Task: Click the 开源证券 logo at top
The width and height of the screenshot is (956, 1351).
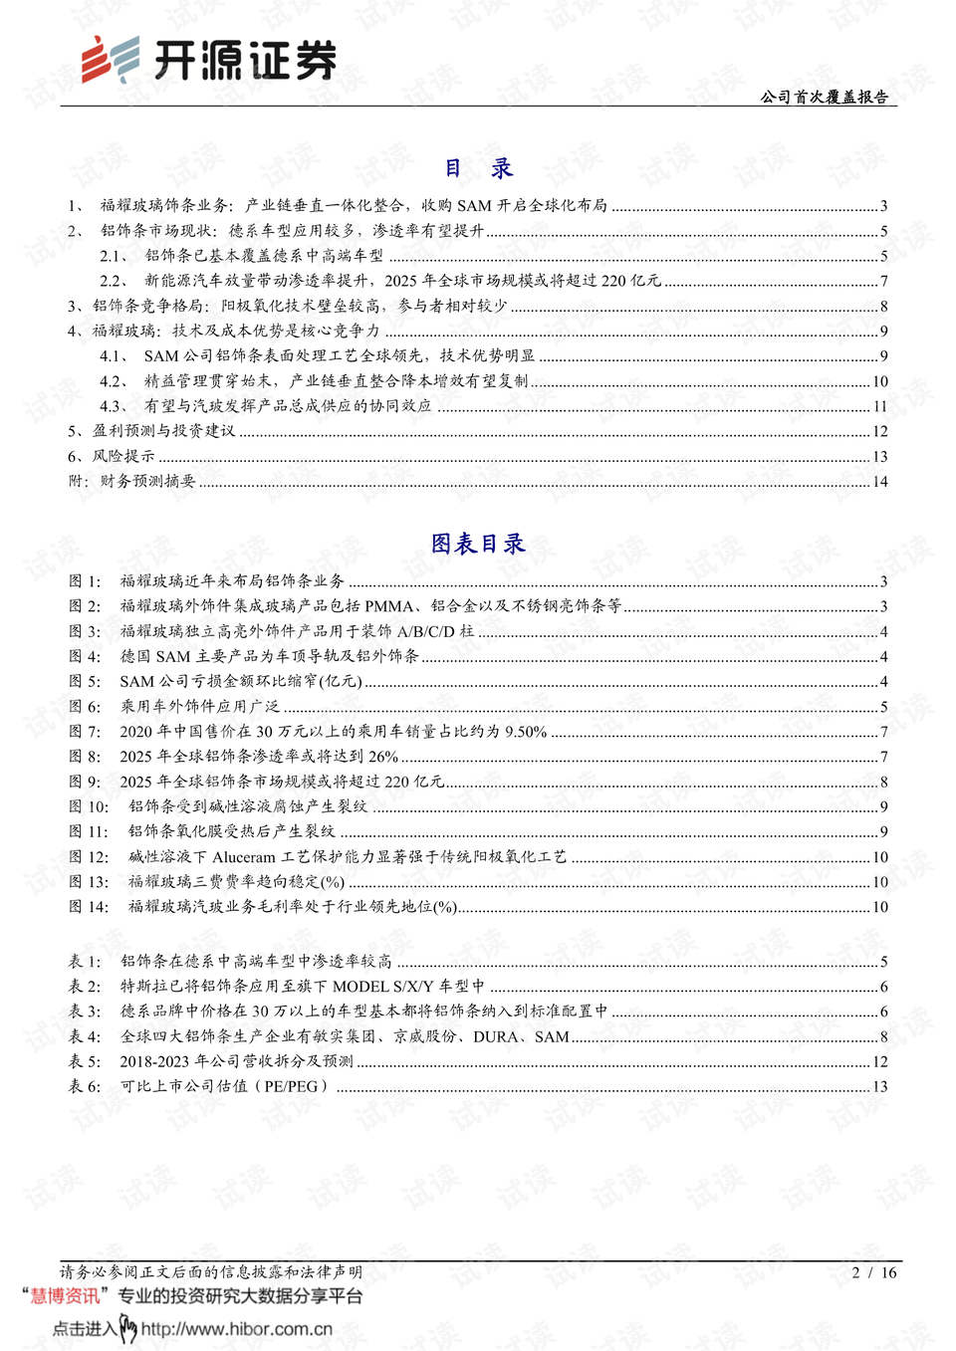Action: (209, 61)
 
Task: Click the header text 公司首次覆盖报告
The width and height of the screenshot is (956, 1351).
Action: (824, 97)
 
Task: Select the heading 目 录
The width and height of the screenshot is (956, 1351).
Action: (478, 168)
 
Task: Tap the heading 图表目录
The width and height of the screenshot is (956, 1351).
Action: (478, 544)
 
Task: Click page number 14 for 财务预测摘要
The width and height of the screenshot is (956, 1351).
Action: (879, 482)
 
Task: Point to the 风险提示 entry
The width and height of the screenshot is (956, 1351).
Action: (123, 456)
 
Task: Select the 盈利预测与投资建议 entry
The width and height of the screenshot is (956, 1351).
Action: (163, 431)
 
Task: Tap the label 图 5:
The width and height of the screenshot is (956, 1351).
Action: (85, 682)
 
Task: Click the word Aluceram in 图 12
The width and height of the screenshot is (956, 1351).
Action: (243, 857)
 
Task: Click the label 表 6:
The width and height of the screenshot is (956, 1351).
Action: (85, 1086)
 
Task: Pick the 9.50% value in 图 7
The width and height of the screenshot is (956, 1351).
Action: (526, 732)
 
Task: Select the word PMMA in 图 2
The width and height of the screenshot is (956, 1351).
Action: (388, 606)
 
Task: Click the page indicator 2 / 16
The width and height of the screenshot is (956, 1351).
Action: (874, 1272)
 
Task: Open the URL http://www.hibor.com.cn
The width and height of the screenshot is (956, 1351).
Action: (237, 1329)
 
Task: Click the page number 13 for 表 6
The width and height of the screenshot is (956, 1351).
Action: (879, 1086)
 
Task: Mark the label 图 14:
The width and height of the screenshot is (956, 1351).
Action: (89, 907)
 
